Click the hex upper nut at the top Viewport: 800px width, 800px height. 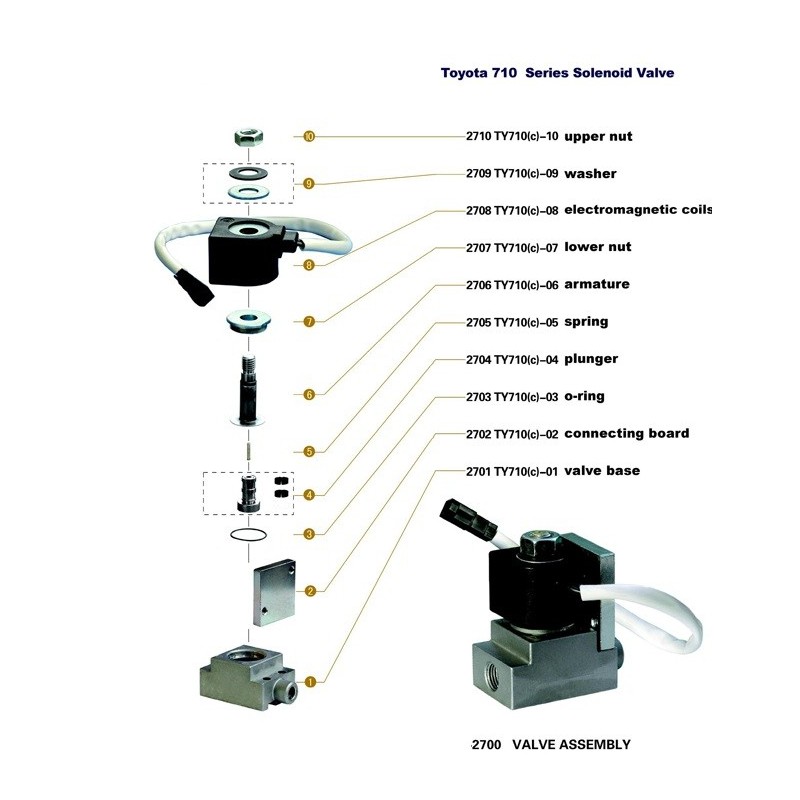click(248, 137)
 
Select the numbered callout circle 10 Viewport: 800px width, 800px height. click(309, 136)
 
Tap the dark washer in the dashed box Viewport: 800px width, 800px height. click(248, 172)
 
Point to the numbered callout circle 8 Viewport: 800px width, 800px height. click(309, 265)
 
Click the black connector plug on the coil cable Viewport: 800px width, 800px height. click(194, 288)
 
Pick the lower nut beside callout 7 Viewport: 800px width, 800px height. click(248, 321)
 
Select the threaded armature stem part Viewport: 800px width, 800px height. click(248, 390)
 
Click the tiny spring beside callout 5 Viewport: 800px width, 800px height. click(248, 451)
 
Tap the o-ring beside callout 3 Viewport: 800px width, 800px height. click(248, 535)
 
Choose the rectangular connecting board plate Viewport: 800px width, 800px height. click(274, 593)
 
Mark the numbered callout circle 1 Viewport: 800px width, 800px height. click(310, 682)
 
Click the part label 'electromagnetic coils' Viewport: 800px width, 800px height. click(638, 210)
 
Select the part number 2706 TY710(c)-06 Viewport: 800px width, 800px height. click(512, 285)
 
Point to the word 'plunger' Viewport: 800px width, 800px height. click(591, 359)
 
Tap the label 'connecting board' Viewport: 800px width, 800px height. click(627, 433)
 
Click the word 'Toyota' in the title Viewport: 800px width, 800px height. click(462, 73)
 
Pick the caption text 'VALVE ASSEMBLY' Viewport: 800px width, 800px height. click(571, 744)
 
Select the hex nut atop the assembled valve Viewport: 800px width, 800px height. click(541, 544)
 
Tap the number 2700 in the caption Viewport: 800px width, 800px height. click(486, 745)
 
